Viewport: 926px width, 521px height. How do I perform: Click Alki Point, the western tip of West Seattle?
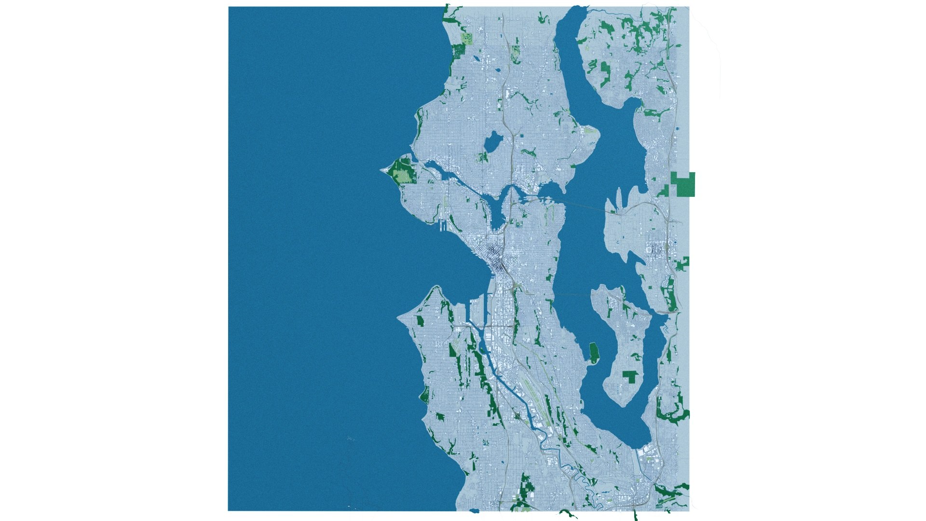pyautogui.click(x=398, y=319)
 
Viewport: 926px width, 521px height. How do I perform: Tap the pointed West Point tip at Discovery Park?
pyautogui.click(x=382, y=170)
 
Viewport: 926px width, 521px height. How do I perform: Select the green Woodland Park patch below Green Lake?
pyautogui.click(x=483, y=157)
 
